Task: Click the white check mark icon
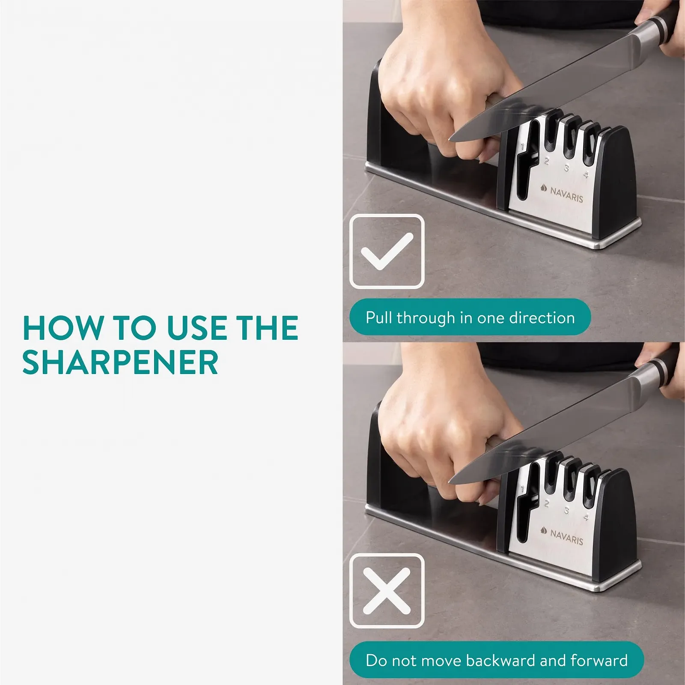tap(387, 251)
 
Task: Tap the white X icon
tap(387, 591)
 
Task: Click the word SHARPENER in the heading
tap(120, 362)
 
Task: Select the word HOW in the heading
tap(63, 328)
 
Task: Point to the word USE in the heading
tap(197, 328)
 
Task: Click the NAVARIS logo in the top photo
tap(562, 194)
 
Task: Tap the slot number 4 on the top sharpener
tap(586, 174)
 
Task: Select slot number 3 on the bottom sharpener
tap(566, 511)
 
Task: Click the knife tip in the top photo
tap(450, 139)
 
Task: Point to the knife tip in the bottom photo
tap(450, 482)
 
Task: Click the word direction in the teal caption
tap(542, 318)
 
